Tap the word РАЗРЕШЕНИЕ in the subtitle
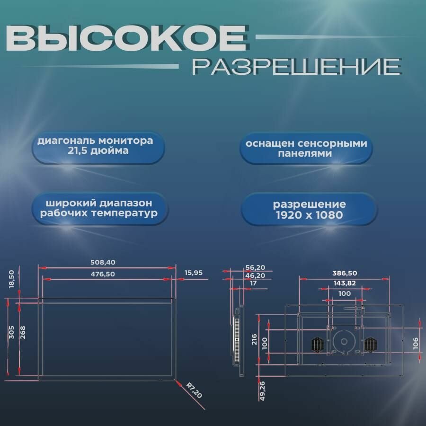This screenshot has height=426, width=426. (297, 67)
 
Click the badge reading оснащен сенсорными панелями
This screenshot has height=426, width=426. (306, 148)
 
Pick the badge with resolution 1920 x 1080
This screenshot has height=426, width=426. (309, 210)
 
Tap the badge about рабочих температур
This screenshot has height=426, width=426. (99, 208)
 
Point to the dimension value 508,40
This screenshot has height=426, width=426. (102, 262)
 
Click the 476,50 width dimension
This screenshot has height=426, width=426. (102, 274)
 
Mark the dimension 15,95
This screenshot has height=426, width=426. (194, 273)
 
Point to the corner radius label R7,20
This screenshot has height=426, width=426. (194, 391)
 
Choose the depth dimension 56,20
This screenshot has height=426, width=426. (255, 267)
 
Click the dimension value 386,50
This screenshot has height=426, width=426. (345, 273)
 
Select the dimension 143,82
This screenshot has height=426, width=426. (345, 283)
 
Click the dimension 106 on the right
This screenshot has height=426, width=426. (416, 342)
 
